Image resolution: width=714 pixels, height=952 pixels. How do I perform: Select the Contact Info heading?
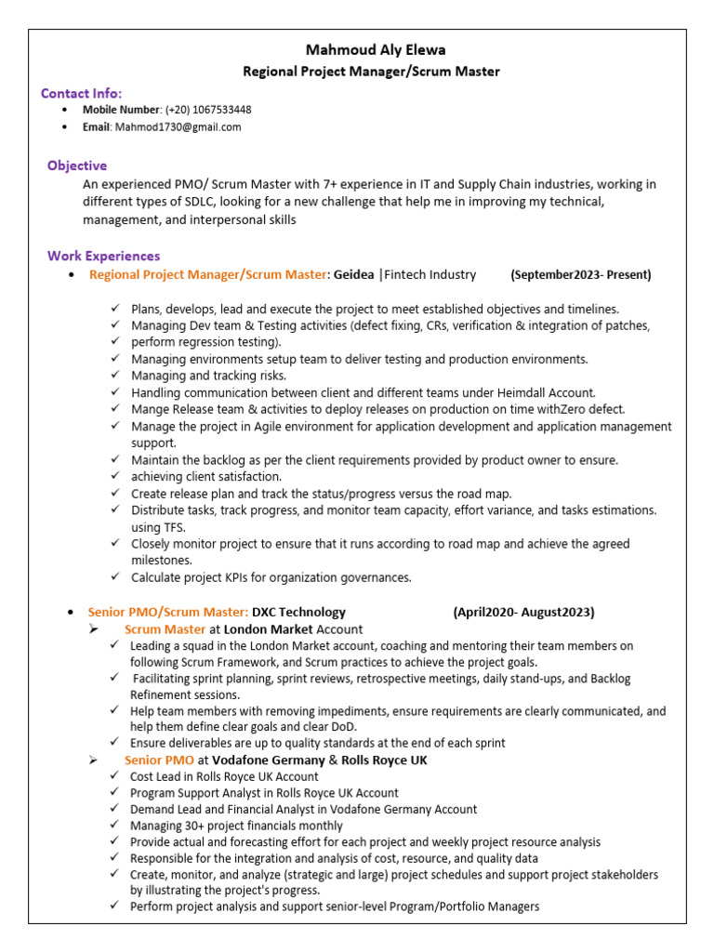[81, 93]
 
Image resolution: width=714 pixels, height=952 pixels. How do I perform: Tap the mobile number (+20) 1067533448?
[208, 110]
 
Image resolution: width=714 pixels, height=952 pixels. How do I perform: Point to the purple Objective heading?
[77, 165]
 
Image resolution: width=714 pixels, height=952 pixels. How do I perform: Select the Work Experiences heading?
[103, 256]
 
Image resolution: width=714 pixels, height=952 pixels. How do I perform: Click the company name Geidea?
[354, 274]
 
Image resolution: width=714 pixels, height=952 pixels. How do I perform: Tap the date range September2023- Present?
[581, 274]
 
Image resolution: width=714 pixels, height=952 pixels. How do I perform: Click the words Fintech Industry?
[430, 274]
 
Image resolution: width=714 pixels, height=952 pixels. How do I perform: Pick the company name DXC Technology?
[298, 612]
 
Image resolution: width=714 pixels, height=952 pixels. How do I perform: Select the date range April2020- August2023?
[523, 612]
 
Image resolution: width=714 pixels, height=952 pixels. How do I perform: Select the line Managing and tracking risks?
[208, 376]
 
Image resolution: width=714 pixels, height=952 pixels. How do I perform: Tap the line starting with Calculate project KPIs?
[271, 577]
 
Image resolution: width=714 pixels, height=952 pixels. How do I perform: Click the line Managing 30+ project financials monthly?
[236, 825]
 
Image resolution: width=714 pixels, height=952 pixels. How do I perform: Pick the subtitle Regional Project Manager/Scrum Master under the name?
[371, 72]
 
